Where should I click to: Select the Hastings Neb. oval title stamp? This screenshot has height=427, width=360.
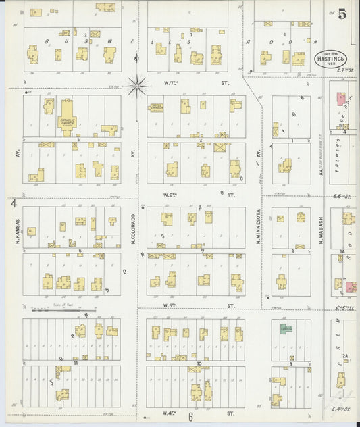[331, 59]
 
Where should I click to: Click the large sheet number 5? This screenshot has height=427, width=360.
[343, 13]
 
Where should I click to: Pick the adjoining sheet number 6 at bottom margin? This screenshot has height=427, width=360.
[191, 417]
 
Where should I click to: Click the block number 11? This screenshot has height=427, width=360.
[76, 363]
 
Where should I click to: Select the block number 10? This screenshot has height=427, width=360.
[199, 363]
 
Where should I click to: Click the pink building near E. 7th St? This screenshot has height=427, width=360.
[340, 98]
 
